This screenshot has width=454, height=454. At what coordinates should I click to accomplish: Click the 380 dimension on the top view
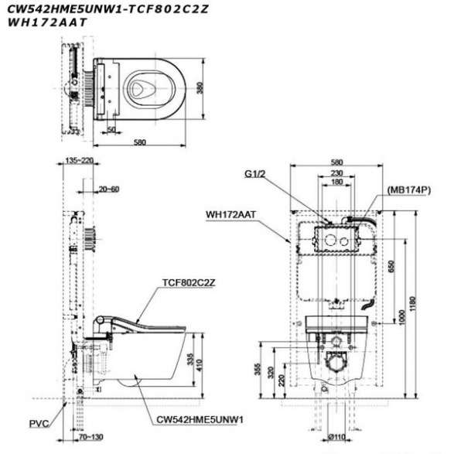click(200, 88)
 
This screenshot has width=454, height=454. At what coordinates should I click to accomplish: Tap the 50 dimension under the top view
click(111, 130)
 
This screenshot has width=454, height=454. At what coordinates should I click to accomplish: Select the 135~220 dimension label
click(78, 160)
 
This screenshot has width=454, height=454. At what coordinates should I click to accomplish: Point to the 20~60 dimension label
click(109, 189)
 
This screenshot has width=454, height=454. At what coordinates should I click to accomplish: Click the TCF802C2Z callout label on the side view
click(189, 282)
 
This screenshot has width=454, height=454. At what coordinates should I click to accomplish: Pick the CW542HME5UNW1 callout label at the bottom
click(200, 419)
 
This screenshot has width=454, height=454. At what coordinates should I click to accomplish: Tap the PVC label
click(39, 424)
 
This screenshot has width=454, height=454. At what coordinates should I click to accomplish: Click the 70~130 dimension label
click(91, 437)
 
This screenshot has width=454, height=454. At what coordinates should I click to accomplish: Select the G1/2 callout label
click(255, 174)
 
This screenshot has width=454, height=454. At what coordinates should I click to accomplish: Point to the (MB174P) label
click(409, 190)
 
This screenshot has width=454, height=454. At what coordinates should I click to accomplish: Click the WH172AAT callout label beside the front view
click(231, 215)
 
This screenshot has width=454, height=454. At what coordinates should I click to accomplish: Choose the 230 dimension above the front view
click(336, 172)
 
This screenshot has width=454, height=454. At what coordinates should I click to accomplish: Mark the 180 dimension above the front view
click(336, 182)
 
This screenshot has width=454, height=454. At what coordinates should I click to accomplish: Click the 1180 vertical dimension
click(412, 304)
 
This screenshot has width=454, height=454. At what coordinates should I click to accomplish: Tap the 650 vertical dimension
click(391, 266)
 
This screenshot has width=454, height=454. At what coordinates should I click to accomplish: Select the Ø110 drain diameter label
click(337, 437)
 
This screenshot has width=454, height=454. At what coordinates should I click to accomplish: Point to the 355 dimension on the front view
click(258, 369)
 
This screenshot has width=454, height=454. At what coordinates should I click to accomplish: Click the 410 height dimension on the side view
click(200, 365)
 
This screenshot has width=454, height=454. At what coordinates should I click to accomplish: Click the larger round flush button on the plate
click(330, 240)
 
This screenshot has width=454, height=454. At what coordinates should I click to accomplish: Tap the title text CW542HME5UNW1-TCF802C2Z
click(108, 9)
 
